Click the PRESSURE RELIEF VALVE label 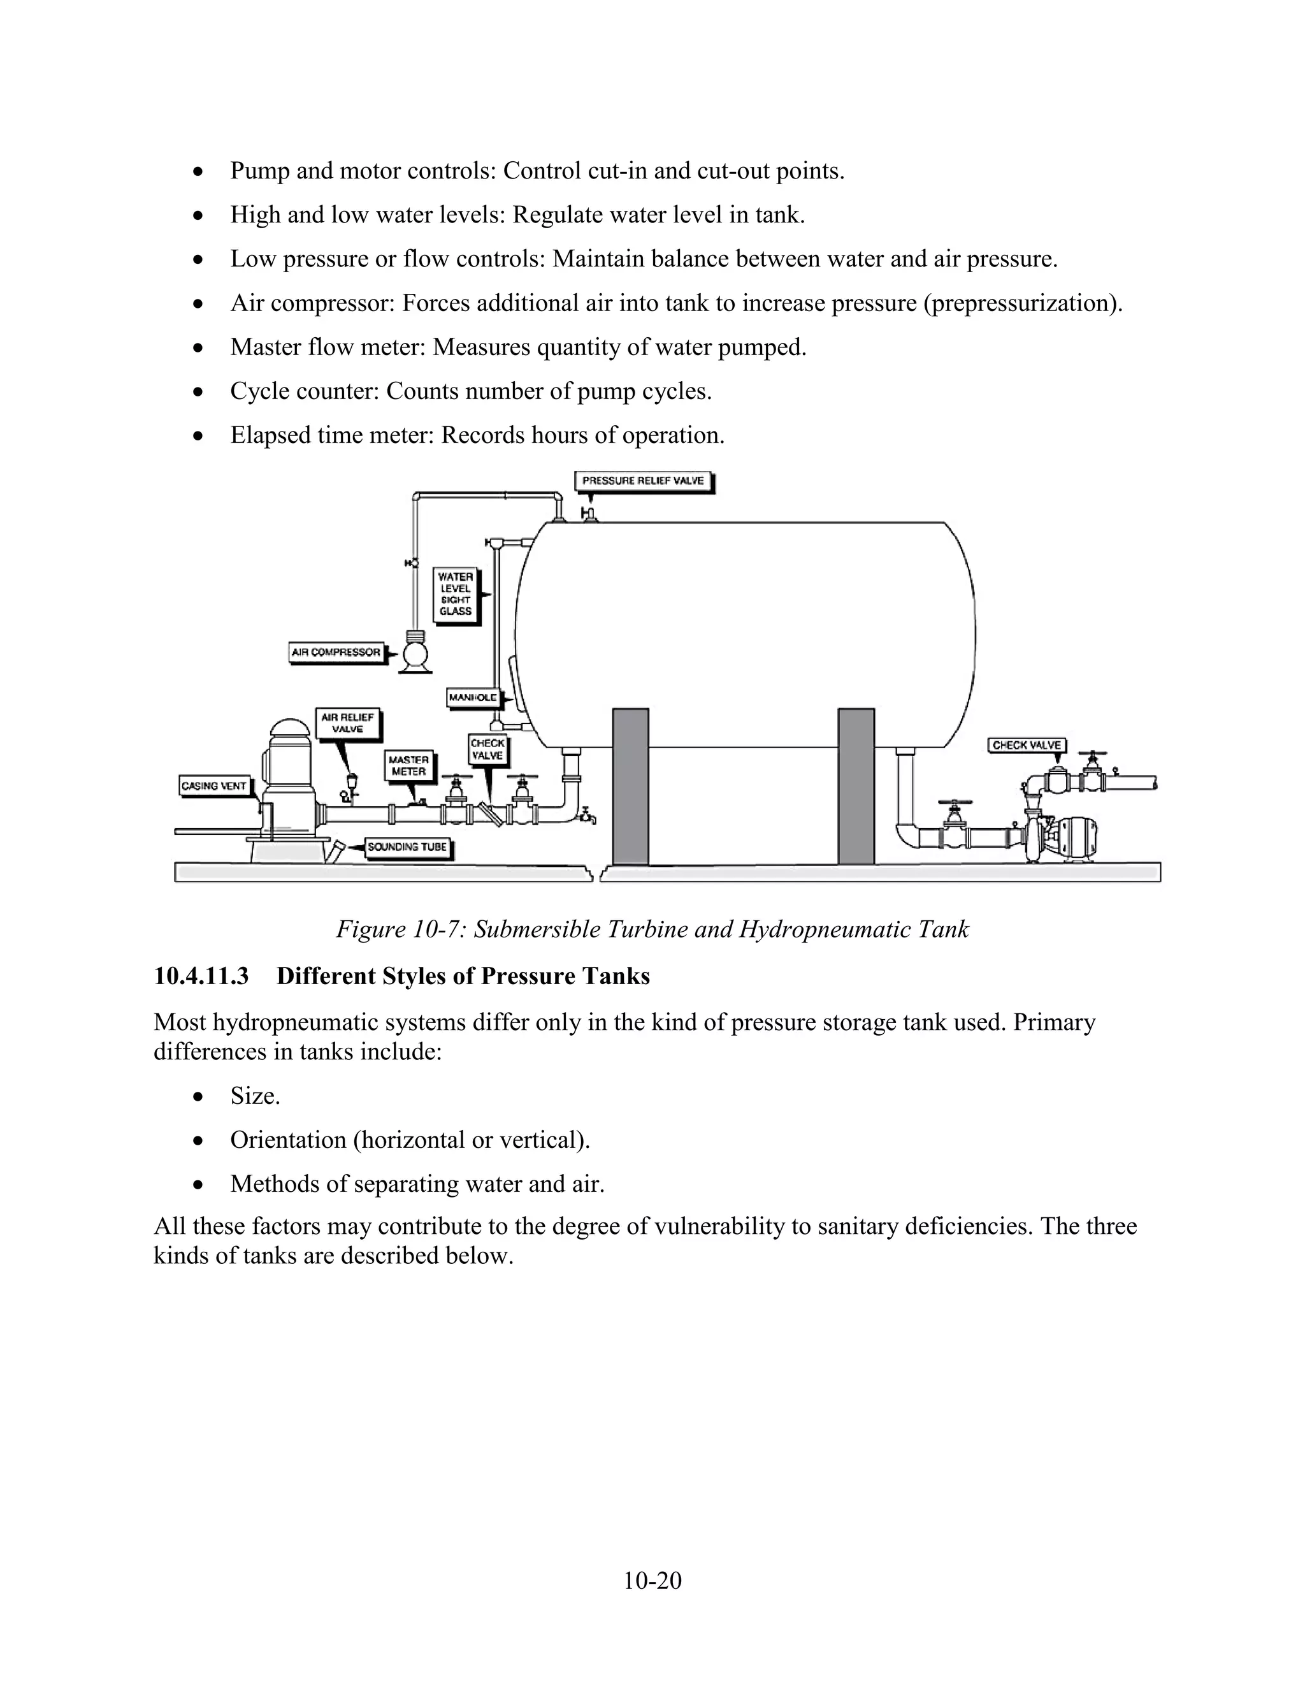(643, 481)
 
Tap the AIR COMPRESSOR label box (336, 652)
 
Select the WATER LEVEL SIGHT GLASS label (456, 594)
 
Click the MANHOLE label (473, 697)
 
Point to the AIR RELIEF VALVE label (347, 723)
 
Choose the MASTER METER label (408, 765)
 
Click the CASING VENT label (213, 786)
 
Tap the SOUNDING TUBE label (407, 847)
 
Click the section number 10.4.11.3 (201, 976)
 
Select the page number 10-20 (652, 1580)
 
